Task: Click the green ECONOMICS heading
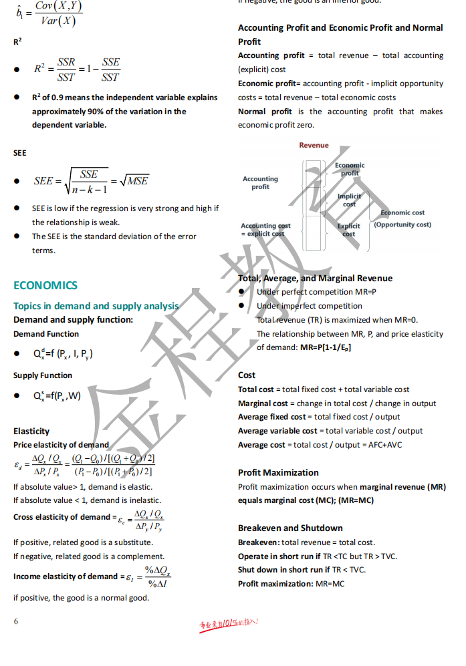tap(45, 286)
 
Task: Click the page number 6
tap(16, 621)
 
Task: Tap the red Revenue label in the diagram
tap(314, 145)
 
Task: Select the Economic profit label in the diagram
tap(350, 169)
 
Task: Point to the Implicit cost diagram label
tap(349, 200)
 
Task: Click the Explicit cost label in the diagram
tap(348, 230)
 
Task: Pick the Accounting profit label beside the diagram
tap(260, 183)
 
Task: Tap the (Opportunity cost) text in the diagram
tap(402, 224)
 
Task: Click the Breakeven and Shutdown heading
tap(290, 528)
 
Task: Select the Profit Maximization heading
tap(278, 472)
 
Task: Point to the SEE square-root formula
tap(91, 181)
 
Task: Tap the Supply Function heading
tap(43, 375)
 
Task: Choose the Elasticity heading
tap(31, 432)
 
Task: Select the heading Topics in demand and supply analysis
tap(96, 306)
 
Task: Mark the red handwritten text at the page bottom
tap(229, 625)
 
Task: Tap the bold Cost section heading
tap(247, 375)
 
